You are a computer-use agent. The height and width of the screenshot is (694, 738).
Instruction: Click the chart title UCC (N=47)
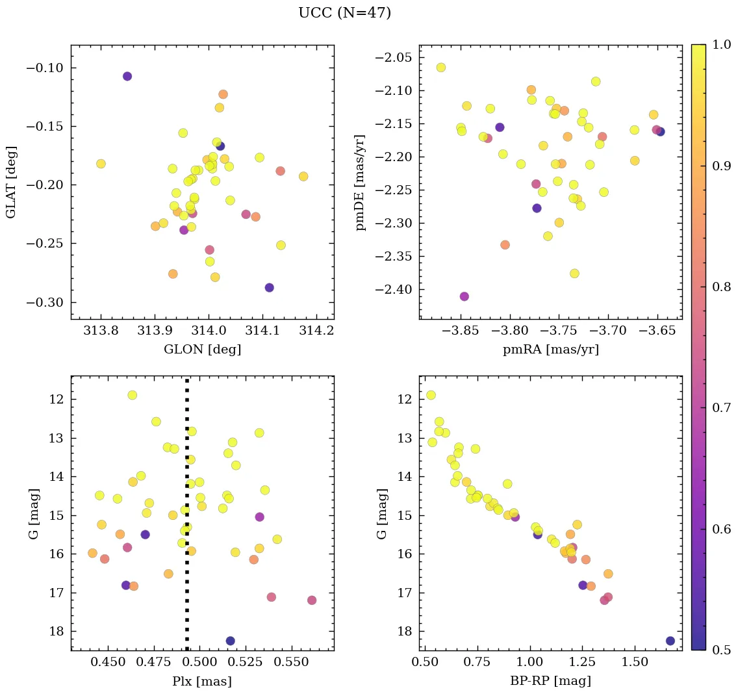tap(344, 13)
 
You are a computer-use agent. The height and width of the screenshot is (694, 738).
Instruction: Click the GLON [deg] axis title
tap(202, 350)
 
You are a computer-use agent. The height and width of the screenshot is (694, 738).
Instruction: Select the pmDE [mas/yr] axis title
tap(360, 183)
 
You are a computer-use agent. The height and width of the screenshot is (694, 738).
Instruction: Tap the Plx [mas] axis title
tap(202, 681)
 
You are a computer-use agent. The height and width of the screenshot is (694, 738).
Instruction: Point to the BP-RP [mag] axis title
tap(550, 681)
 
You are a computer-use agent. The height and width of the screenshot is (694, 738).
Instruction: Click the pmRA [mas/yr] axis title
tap(550, 350)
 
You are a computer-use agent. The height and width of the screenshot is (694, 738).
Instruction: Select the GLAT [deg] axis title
tap(12, 183)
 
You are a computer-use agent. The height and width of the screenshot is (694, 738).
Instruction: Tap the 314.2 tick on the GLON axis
tap(316, 330)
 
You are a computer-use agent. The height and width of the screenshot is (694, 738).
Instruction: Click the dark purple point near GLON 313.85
tap(127, 76)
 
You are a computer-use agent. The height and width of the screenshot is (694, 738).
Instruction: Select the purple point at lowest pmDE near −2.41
tap(464, 296)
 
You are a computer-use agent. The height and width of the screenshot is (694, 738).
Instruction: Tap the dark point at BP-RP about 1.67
tap(670, 641)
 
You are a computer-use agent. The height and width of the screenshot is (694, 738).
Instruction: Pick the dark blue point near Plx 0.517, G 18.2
tap(230, 641)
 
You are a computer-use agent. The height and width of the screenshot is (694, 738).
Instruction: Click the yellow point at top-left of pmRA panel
tap(441, 68)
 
